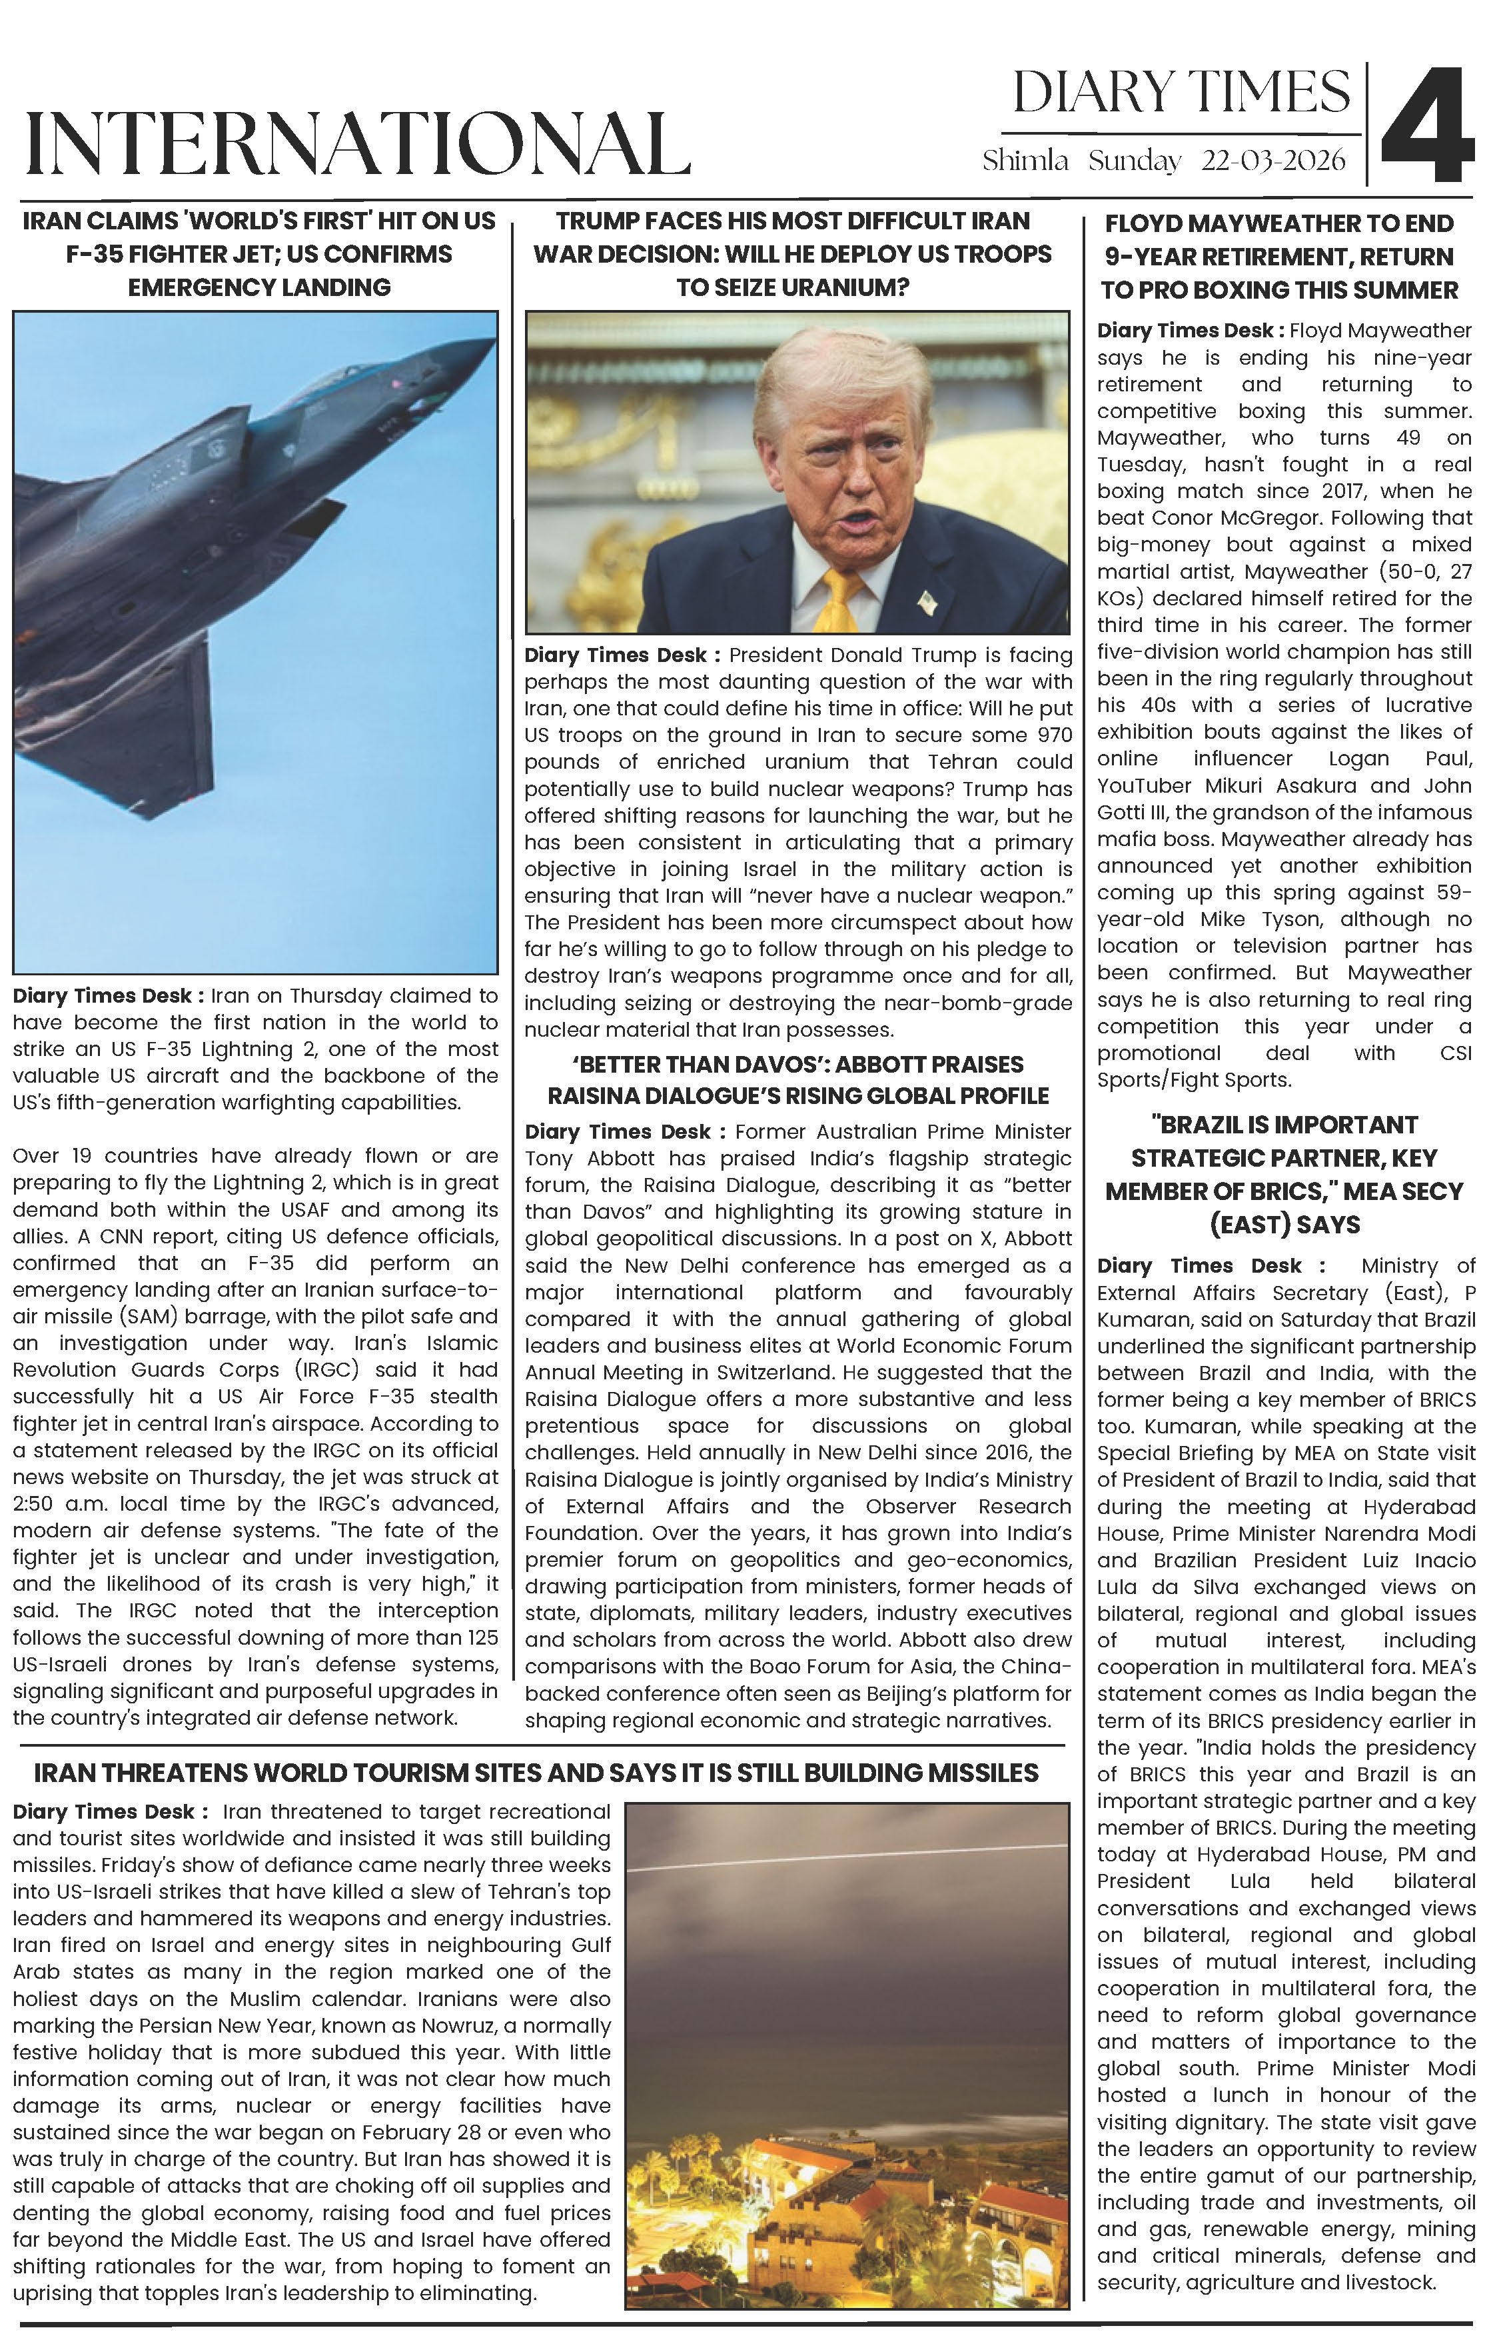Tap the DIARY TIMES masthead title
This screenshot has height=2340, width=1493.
click(1181, 93)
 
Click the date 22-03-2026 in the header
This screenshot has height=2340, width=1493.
click(1273, 161)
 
